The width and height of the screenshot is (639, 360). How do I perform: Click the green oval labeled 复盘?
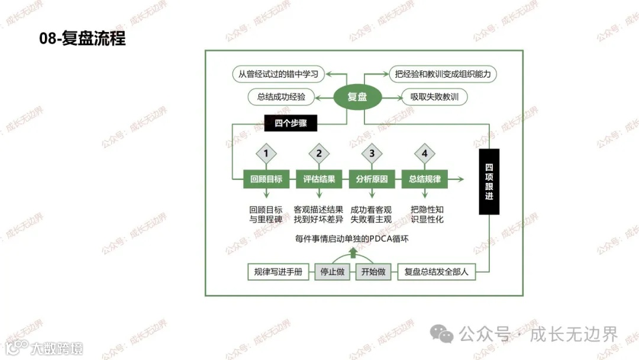(357, 97)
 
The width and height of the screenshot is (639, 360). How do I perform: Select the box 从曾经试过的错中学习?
(279, 74)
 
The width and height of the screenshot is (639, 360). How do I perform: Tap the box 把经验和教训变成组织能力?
(442, 74)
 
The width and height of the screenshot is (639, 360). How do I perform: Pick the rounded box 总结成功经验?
(281, 97)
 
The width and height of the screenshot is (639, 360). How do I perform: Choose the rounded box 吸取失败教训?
(435, 97)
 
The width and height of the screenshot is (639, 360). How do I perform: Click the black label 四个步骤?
(291, 123)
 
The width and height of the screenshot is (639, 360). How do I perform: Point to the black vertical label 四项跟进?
(489, 181)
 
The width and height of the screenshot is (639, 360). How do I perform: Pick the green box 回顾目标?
(266, 179)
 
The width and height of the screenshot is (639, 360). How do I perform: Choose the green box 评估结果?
(319, 179)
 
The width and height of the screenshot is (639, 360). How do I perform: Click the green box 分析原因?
(372, 179)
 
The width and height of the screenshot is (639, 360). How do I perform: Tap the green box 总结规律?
(424, 179)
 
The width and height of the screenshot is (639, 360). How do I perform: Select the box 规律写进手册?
(277, 272)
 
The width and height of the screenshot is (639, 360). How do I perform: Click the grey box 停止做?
(333, 272)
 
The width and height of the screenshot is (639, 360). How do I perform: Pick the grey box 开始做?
(373, 272)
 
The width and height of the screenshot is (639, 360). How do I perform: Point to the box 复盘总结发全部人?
(436, 272)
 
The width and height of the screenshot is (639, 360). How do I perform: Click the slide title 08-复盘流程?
(82, 39)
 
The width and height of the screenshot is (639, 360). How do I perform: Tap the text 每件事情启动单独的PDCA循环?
(352, 239)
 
